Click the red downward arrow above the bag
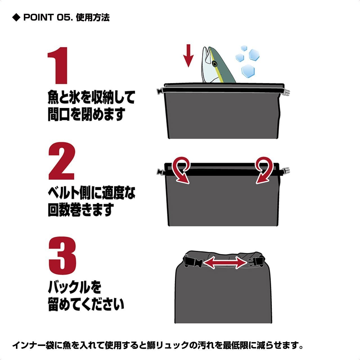[x=188, y=56]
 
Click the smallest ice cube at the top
[x=244, y=48]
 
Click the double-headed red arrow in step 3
[x=225, y=262]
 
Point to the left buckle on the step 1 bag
[x=160, y=91]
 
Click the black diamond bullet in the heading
[x=16, y=17]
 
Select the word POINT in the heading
[x=39, y=17]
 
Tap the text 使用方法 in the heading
[x=93, y=17]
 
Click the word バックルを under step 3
[x=75, y=287]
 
